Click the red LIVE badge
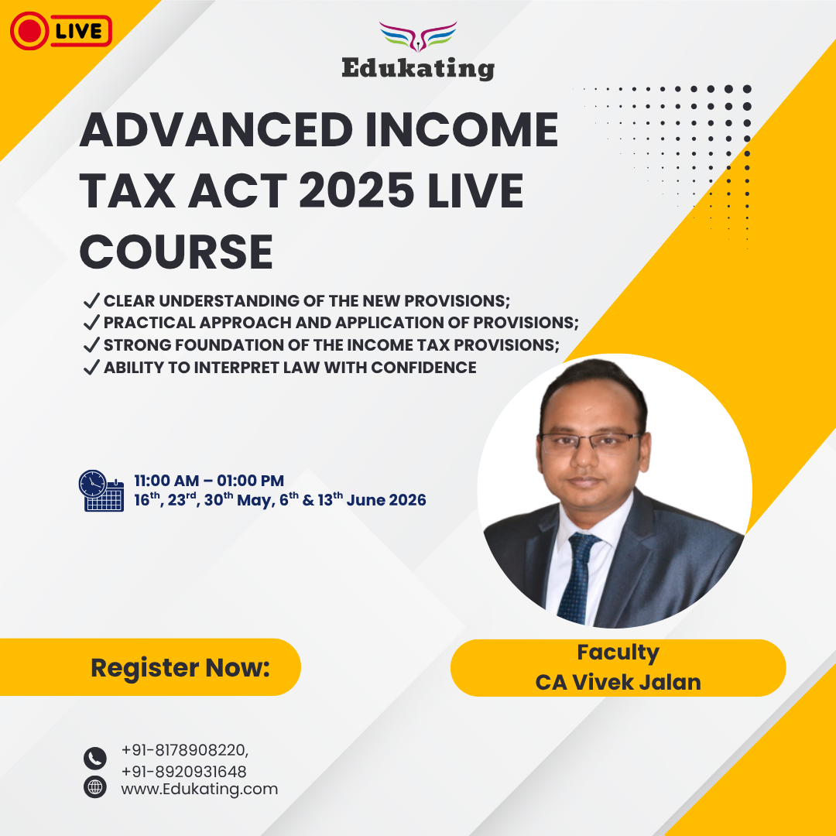coord(61,31)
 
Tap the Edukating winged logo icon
coord(418,36)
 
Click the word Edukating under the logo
coord(418,68)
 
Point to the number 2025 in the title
coord(356,190)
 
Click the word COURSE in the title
coord(176,252)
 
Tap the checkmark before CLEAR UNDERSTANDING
coord(91,300)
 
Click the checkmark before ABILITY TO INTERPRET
coord(91,368)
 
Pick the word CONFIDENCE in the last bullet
coord(424,368)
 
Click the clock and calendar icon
coord(101,491)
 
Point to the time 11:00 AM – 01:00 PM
coord(209,481)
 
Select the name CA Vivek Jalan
coord(618,682)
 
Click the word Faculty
coord(618,653)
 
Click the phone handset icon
coord(95,758)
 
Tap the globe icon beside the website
coord(95,787)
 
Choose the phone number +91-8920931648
coord(184,771)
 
